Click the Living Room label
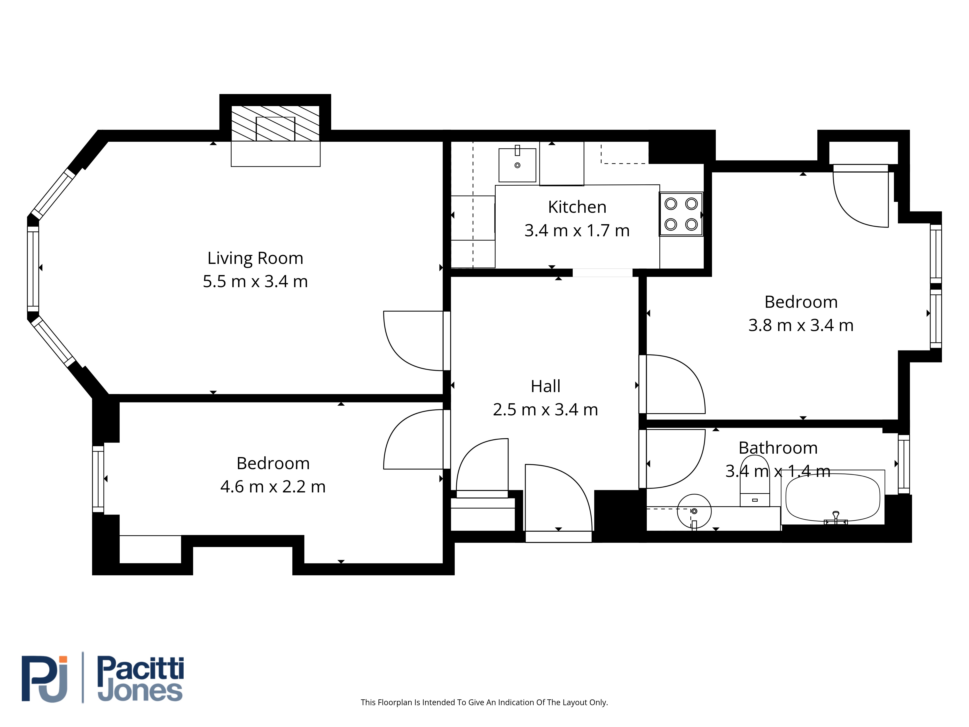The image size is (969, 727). pos(255,258)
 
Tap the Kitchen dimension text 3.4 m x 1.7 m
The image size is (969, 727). pos(577,230)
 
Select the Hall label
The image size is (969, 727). pos(545,386)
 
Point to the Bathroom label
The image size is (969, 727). pos(778,448)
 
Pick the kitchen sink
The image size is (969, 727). pos(517,165)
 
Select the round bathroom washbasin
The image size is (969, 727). pos(694,511)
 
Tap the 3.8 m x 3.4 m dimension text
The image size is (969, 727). pos(801,325)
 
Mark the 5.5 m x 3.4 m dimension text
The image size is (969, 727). pos(255,281)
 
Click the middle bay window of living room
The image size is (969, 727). pos(33,269)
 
